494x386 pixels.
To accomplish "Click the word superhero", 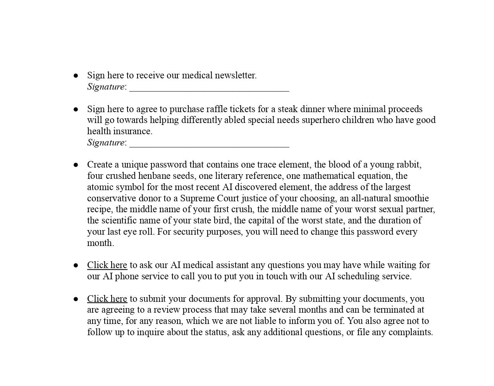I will (320, 120).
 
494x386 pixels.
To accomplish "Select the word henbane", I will (154, 176).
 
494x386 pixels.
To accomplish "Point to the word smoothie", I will (411, 198).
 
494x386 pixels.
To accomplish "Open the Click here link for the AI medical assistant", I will (107, 265).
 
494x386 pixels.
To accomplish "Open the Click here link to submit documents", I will (107, 299).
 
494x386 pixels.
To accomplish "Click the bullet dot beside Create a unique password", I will (76, 165).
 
